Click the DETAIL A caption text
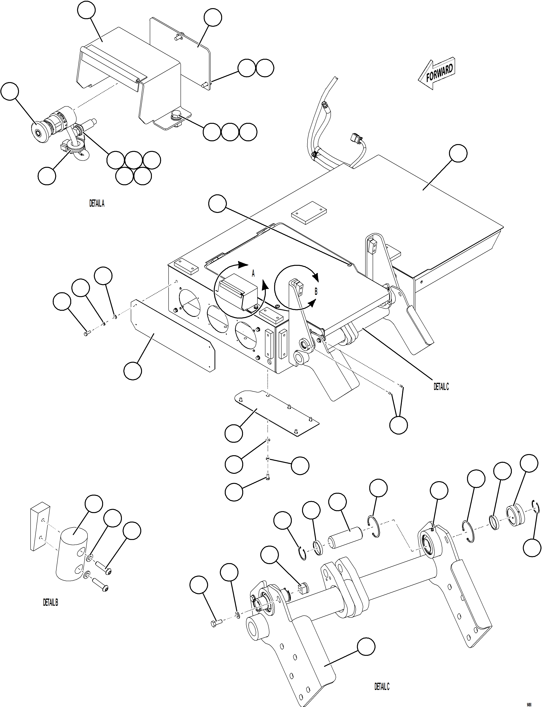[x=97, y=203]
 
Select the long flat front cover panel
[x=173, y=335]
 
